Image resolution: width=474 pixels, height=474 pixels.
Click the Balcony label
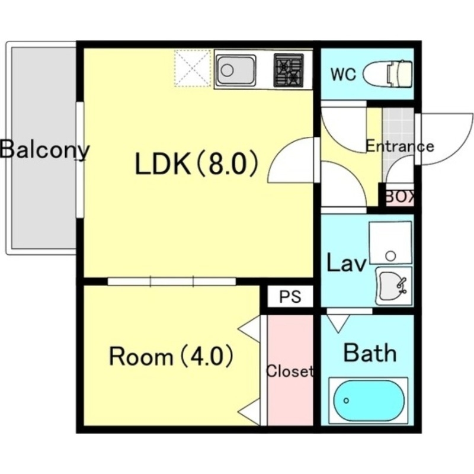(x=44, y=150)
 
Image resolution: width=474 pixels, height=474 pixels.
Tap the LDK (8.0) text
(x=197, y=164)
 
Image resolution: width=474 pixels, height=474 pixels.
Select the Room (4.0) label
(x=171, y=357)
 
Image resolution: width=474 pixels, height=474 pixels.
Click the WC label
(x=344, y=75)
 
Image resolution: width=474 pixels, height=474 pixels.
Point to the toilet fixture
(x=388, y=73)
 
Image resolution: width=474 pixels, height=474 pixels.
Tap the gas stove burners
(x=289, y=70)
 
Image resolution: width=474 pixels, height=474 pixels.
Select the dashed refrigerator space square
(x=192, y=69)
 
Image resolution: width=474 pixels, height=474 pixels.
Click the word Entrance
(x=400, y=146)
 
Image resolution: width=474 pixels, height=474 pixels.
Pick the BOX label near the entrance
(x=399, y=197)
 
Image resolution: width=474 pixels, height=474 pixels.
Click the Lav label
(x=347, y=263)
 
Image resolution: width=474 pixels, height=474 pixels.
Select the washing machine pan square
(x=390, y=243)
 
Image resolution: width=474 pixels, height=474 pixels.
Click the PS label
(x=290, y=297)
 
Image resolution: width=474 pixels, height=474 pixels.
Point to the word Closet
(x=289, y=371)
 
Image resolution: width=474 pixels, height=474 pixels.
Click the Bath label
(x=370, y=353)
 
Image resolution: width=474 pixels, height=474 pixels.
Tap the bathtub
(x=369, y=401)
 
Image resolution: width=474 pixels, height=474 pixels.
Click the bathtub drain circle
(x=347, y=401)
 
